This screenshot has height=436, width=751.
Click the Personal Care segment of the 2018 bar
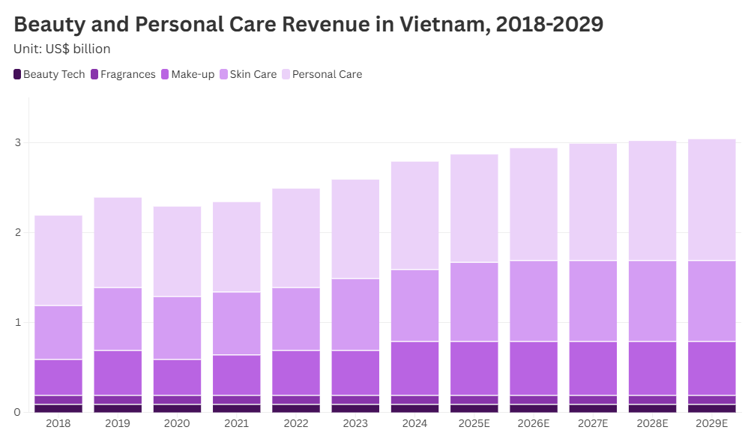58,260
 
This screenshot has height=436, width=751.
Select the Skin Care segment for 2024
414,305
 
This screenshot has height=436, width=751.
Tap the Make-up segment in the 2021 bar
237,375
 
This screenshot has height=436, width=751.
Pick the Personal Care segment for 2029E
712,199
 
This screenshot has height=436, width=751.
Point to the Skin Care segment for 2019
118,318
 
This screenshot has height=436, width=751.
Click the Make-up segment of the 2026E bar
534,368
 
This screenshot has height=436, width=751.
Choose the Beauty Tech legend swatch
17,74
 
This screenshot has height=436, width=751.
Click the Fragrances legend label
127,74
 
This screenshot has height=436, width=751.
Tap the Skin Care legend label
253,74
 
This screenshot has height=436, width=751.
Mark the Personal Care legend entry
327,74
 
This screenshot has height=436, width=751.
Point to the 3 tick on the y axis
18,142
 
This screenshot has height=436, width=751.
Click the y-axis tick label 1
18,322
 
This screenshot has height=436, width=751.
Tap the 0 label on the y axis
18,412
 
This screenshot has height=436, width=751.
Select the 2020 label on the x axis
177,423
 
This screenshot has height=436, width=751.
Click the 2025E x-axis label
474,423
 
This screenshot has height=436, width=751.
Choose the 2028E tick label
652,423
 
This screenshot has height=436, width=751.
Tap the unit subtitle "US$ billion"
77,49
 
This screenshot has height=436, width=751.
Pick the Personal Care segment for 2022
296,237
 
